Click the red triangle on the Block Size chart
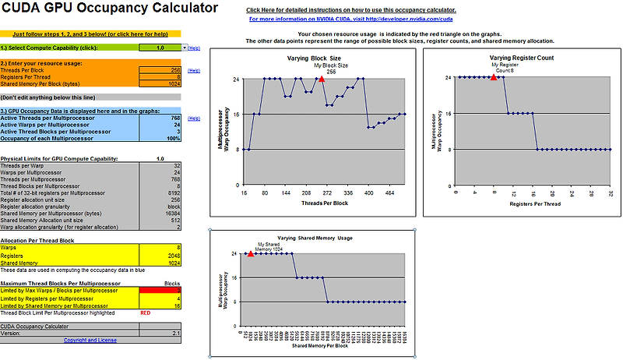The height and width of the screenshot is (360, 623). click(321, 79)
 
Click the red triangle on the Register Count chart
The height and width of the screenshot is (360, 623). click(493, 77)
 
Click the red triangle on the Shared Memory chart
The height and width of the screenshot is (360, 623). click(250, 253)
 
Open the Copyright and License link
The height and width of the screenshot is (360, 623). click(90, 340)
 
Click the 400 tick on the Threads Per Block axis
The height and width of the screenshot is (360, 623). click(369, 192)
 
